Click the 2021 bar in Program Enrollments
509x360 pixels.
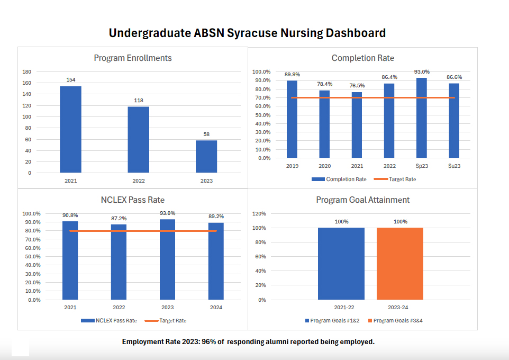click(x=70, y=129)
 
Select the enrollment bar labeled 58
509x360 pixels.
click(x=206, y=156)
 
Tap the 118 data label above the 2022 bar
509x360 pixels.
click(x=139, y=100)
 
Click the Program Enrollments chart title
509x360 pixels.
click(x=133, y=58)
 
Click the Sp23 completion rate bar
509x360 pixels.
click(x=422, y=118)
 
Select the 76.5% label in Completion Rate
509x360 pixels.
click(x=357, y=86)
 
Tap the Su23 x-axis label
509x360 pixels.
click(x=454, y=166)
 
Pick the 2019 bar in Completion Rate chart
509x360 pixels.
click(x=292, y=119)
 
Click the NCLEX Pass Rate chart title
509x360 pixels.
click(x=133, y=200)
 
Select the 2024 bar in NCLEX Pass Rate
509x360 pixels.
click(x=216, y=261)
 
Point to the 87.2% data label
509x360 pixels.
click(x=119, y=218)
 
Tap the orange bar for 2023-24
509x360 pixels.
click(x=400, y=264)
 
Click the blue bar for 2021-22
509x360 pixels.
click(x=341, y=264)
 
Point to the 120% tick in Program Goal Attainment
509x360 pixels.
click(x=258, y=214)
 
